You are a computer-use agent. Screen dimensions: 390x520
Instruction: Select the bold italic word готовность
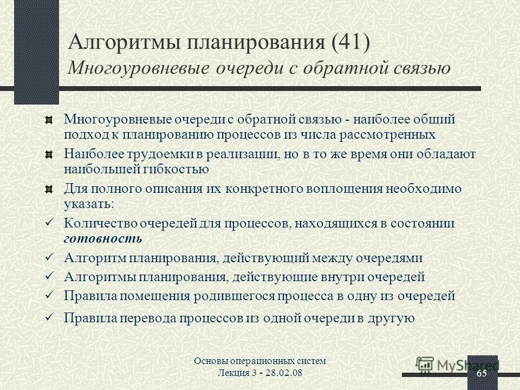103,238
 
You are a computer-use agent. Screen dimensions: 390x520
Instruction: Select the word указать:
89,204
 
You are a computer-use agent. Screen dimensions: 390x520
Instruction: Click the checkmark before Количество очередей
49,223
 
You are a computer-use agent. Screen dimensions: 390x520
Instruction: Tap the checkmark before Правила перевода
49,317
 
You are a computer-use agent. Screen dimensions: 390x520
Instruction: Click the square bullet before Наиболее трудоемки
49,154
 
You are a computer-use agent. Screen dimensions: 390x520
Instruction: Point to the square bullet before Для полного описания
49,189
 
